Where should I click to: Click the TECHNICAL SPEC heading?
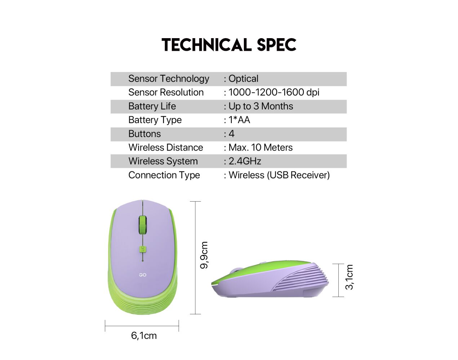229,45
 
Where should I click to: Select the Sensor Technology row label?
169,79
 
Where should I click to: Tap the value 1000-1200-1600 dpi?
274,92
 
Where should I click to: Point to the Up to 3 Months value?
261,106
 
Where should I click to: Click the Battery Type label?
155,120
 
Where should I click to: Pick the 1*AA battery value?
239,120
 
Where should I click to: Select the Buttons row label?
144,134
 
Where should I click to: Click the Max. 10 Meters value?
261,147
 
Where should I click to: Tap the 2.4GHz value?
245,161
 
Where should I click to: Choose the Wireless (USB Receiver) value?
279,175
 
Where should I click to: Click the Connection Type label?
164,175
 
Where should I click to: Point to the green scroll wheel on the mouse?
143,225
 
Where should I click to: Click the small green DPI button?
143,249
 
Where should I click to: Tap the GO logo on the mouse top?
143,275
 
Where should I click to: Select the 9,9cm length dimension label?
204,255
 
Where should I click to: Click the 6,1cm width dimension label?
144,336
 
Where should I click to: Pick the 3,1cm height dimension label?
349,277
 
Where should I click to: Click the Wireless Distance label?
166,147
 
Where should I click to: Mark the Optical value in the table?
243,79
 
